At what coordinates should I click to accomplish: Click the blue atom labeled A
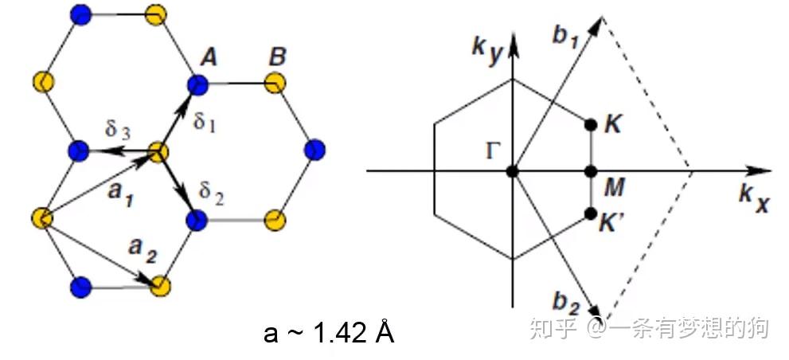coord(197,83)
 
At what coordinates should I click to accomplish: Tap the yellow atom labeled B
coord(275,82)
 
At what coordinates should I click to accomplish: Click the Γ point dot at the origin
coord(513,171)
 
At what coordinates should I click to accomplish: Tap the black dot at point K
coord(590,125)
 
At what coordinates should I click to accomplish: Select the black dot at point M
coord(590,171)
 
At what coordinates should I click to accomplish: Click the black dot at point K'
coord(590,213)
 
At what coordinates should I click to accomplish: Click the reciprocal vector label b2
coord(568,303)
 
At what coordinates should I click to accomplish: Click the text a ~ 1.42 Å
coord(329,332)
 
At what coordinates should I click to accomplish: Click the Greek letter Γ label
coord(494,151)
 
